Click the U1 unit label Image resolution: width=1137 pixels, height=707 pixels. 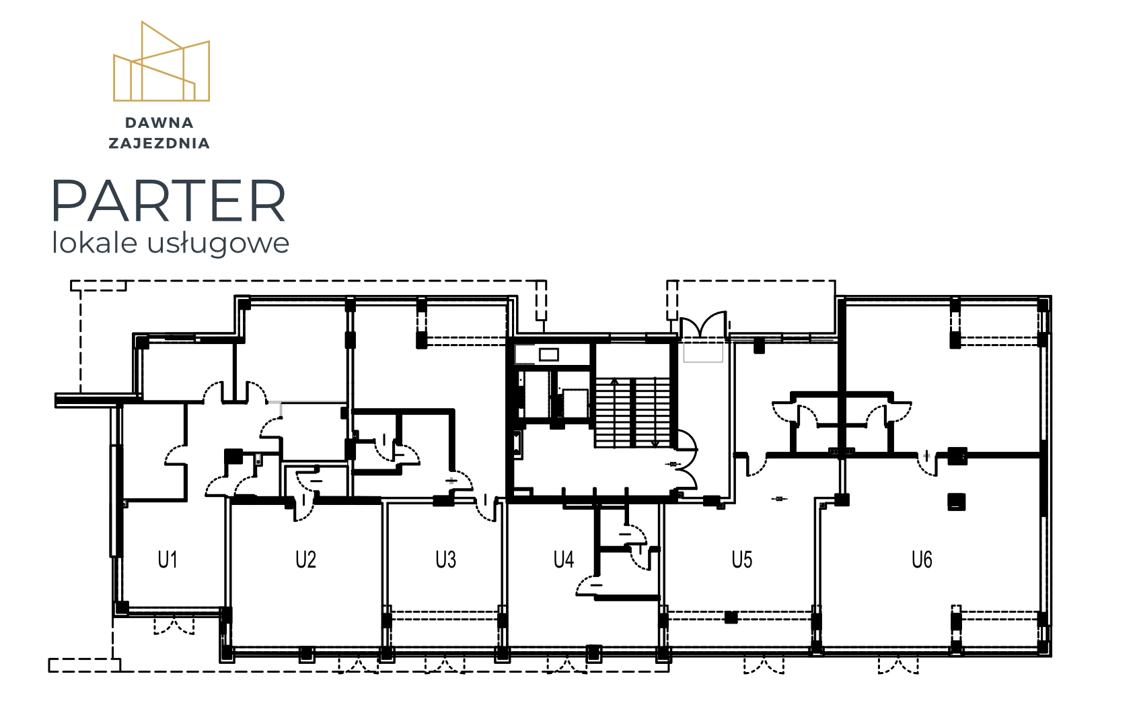[168, 560]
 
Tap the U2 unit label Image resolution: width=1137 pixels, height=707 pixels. [305, 560]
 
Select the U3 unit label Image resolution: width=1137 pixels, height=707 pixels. [445, 560]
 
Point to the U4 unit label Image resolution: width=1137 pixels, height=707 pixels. [563, 560]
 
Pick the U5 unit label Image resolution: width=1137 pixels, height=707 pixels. [741, 560]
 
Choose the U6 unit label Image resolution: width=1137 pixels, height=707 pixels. [922, 560]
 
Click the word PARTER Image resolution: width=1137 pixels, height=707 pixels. [168, 201]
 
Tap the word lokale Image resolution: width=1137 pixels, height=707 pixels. [95, 242]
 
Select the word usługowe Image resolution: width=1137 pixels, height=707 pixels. [218, 244]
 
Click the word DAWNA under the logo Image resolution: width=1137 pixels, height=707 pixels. [159, 123]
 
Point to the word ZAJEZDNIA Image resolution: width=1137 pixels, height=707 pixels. [159, 143]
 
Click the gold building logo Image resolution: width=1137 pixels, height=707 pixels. [161, 61]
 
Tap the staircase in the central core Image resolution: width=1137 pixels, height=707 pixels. [632, 412]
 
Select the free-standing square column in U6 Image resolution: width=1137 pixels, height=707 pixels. [956, 502]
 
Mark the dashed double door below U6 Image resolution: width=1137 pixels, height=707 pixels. [898, 665]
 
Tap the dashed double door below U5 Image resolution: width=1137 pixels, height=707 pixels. [764, 665]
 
